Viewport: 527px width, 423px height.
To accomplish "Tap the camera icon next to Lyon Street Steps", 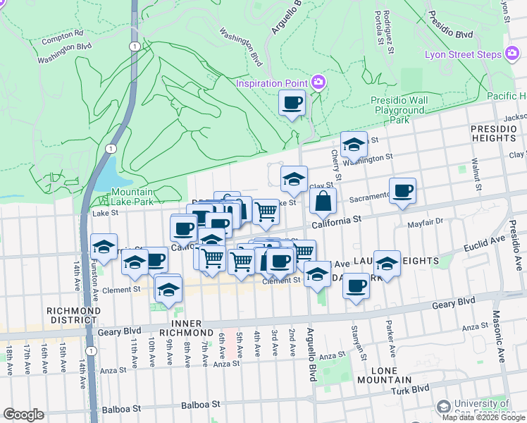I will coord(512,54).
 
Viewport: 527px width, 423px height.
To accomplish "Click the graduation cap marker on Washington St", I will coord(354,145).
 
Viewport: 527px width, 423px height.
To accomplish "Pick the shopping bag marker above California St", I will coord(323,202).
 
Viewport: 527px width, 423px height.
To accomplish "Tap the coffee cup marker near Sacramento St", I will coord(402,190).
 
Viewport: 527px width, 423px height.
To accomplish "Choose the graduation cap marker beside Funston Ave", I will coord(104,247).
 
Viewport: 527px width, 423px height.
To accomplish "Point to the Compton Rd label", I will coord(62,33).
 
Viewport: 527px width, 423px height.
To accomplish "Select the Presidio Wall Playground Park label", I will coord(399,110).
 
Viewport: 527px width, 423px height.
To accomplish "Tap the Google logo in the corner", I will coord(23,415).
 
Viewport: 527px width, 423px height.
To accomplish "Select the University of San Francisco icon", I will coord(443,406).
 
